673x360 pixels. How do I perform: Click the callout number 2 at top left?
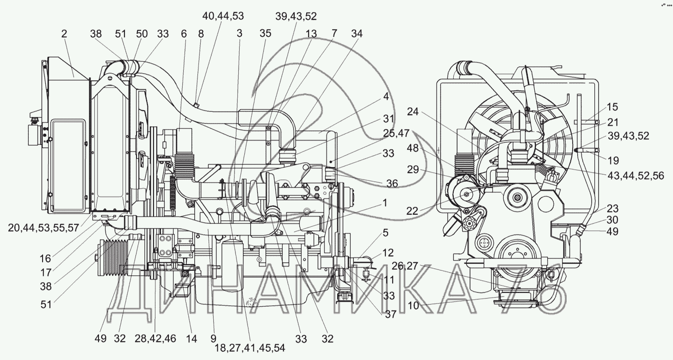(64, 34)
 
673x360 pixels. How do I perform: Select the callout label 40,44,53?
(223, 16)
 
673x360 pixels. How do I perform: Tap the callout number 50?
(142, 34)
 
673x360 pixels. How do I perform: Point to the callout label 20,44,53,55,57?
(44, 228)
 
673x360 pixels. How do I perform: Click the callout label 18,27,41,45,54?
(250, 348)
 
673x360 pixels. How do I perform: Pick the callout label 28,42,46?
(155, 338)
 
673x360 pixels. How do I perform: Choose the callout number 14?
(191, 339)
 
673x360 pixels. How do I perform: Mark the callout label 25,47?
(396, 133)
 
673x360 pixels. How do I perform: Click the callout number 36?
(392, 183)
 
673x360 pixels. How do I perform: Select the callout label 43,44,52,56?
(636, 176)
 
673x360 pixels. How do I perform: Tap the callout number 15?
(612, 107)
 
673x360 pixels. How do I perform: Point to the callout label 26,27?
(405, 266)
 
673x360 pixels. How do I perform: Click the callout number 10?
(413, 305)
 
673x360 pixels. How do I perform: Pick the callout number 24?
(413, 112)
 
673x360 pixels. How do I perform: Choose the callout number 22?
(412, 211)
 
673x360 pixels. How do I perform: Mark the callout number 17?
(46, 273)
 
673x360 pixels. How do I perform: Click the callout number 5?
(385, 233)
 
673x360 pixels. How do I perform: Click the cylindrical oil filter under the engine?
(232, 264)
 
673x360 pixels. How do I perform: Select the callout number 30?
(612, 220)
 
